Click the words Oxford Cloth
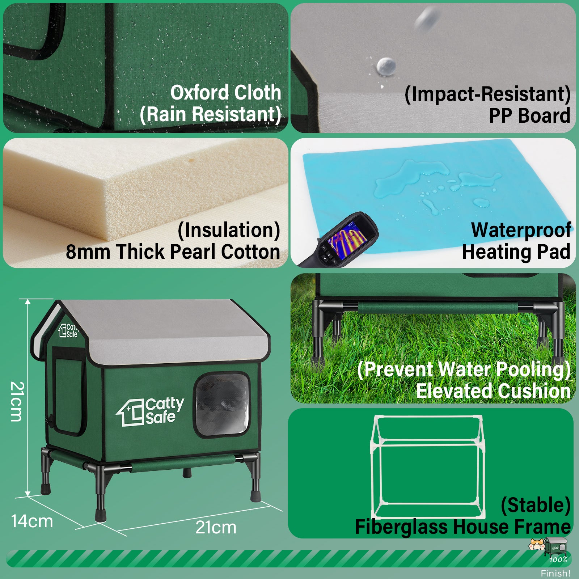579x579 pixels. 226,93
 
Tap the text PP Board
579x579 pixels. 529,116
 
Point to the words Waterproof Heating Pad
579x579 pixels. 517,241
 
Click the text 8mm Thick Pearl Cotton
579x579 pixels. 173,252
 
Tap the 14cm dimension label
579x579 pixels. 32,521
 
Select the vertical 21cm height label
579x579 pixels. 17,401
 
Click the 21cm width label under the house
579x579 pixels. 216,528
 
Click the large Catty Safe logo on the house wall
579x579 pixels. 150,412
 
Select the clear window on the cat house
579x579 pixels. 222,405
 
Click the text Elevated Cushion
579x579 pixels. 493,391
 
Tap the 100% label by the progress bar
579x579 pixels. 558,559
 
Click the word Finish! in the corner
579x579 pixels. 555,573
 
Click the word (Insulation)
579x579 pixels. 229,231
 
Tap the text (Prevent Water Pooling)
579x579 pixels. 464,369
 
